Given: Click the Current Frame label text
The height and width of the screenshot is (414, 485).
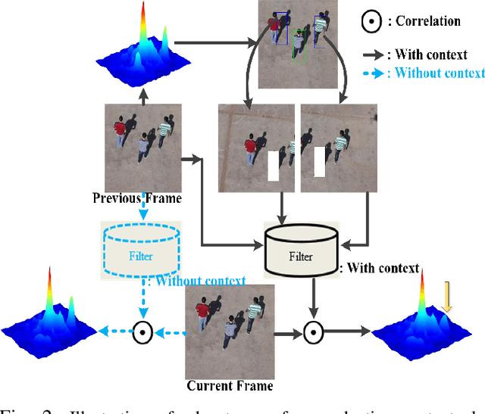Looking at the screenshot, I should pyautogui.click(x=230, y=385).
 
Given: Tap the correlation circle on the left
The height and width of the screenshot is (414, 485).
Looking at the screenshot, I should pyautogui.click(x=140, y=332).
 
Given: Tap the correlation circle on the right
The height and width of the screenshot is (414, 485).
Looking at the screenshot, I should pyautogui.click(x=312, y=332).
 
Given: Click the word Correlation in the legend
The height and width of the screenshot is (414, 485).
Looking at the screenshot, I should pyautogui.click(x=428, y=21).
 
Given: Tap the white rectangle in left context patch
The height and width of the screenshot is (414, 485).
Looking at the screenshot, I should pyautogui.click(x=274, y=166).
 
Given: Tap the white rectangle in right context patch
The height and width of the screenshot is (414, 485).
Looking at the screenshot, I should pyautogui.click(x=320, y=161).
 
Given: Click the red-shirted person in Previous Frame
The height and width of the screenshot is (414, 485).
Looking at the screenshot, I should pyautogui.click(x=120, y=133).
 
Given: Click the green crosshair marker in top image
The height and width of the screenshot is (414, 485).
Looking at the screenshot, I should pyautogui.click(x=300, y=33).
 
